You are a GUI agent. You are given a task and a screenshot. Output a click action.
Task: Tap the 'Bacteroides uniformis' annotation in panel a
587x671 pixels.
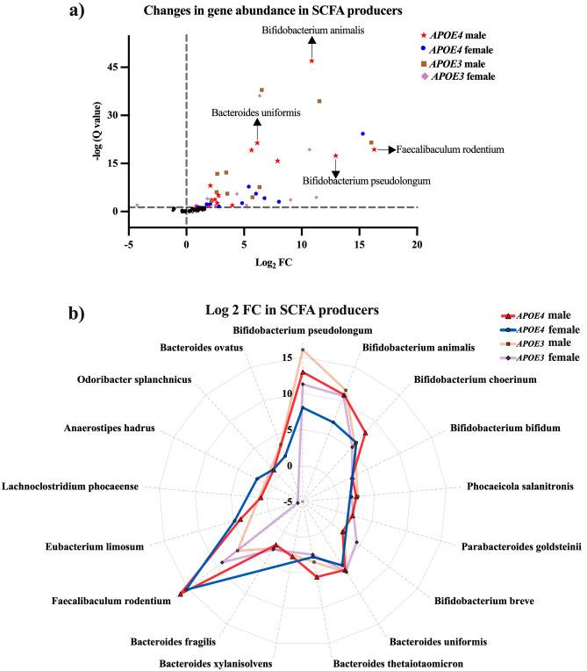[255, 113]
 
